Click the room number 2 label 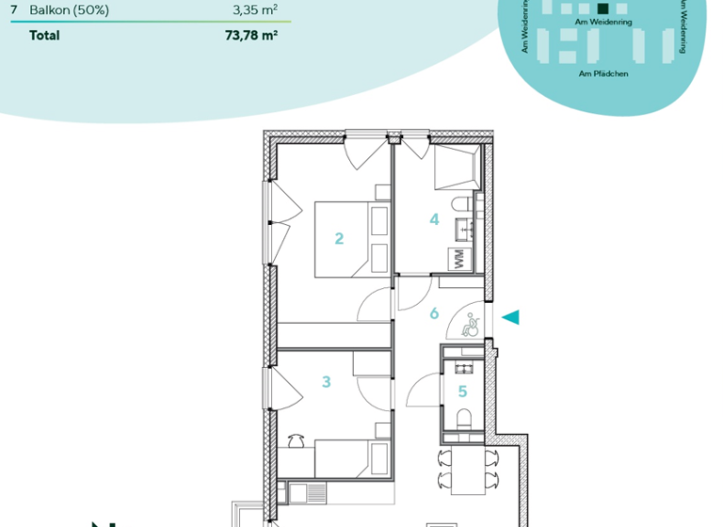339,239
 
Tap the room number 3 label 327,382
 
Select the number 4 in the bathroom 434,219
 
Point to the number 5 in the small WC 462,391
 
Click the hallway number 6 434,313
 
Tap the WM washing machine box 460,260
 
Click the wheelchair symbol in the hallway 472,326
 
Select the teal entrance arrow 510,318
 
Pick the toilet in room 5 462,419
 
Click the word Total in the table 44,36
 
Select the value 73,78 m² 251,36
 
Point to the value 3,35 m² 254,10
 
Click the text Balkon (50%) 69,10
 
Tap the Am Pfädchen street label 603,73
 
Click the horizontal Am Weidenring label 602,20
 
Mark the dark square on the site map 602,8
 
